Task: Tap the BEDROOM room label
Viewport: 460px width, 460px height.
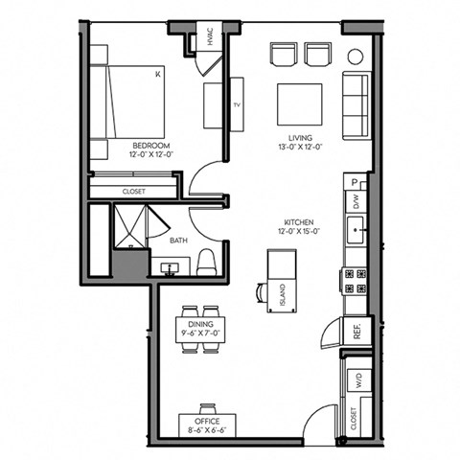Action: tap(149, 147)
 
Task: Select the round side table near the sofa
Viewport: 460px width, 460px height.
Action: tap(354, 56)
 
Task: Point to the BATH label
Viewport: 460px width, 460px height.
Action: tap(178, 241)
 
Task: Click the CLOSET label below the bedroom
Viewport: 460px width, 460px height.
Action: tap(134, 192)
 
